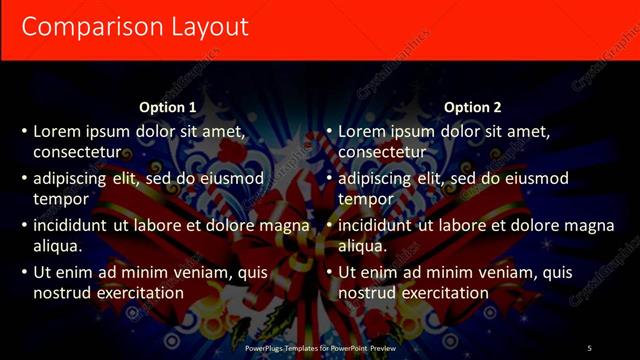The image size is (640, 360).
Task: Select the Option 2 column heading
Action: [472, 107]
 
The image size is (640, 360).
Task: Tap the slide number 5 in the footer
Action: [589, 348]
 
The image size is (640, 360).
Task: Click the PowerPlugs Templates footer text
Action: [320, 348]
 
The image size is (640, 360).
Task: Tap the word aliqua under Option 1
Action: [58, 246]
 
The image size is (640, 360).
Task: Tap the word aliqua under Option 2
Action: [363, 246]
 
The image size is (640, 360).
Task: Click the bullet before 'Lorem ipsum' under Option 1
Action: [24, 131]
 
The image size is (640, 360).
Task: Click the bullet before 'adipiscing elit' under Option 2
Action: [329, 178]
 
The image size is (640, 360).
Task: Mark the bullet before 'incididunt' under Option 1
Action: [24, 225]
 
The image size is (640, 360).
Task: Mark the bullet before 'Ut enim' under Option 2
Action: [329, 272]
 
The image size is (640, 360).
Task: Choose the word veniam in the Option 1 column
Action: [184, 272]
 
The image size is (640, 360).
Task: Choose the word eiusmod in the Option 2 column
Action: [529, 178]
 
